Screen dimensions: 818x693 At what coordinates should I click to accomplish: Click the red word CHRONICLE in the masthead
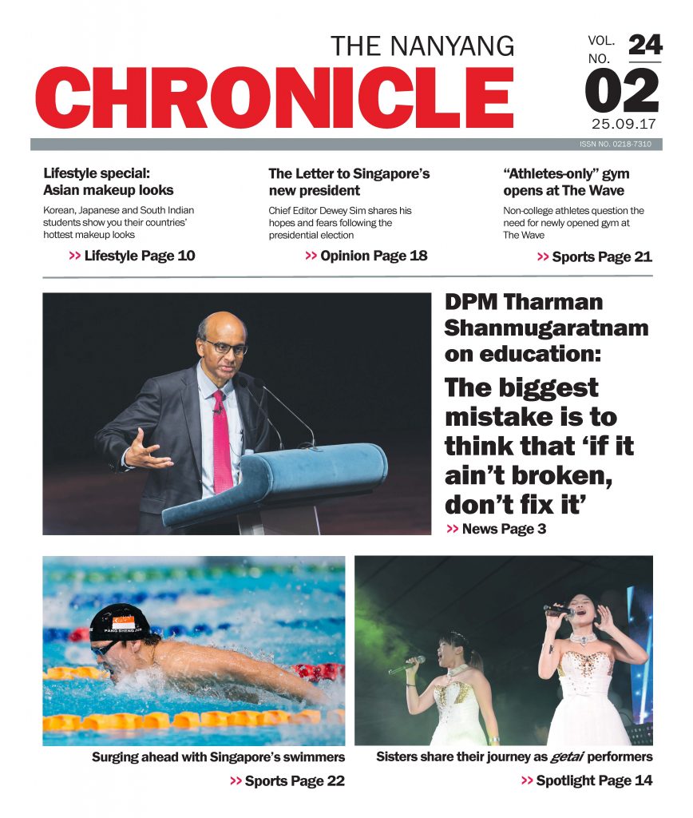pyautogui.click(x=274, y=97)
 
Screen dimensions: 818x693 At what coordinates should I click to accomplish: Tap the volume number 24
pyautogui.click(x=644, y=45)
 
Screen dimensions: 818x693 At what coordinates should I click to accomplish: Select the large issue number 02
pyautogui.click(x=623, y=91)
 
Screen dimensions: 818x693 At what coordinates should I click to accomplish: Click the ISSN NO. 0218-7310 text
pyautogui.click(x=616, y=145)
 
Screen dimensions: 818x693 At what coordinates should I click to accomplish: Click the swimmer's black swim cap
pyautogui.click(x=120, y=621)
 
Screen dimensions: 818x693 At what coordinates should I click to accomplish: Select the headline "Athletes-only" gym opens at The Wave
pyautogui.click(x=565, y=181)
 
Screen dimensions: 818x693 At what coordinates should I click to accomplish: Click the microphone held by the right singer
pyautogui.click(x=559, y=610)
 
